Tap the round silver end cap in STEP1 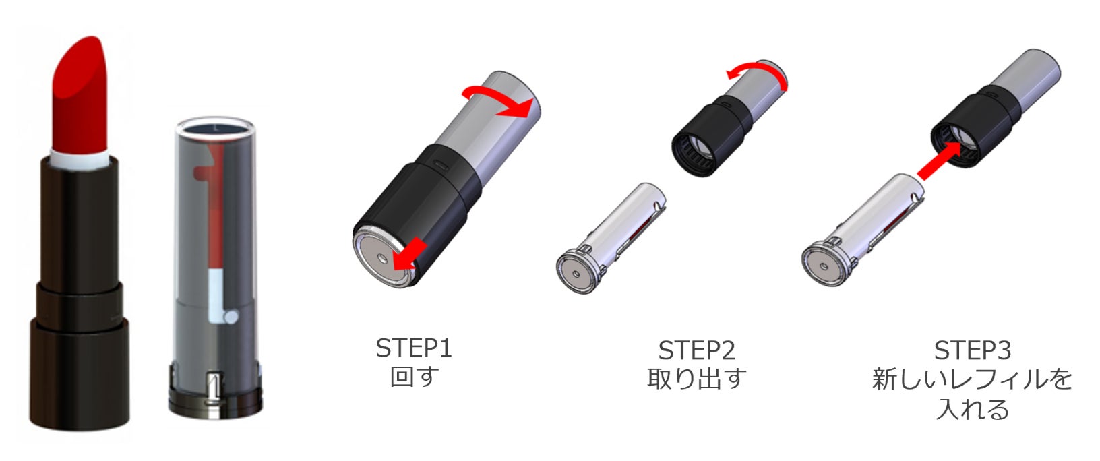pos(381,257)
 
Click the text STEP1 pos(413,348)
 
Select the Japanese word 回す pos(414,377)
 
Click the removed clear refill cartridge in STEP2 pos(611,239)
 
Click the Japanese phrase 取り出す pos(696,379)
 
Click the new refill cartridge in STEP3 pos(862,230)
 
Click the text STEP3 pos(973,350)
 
